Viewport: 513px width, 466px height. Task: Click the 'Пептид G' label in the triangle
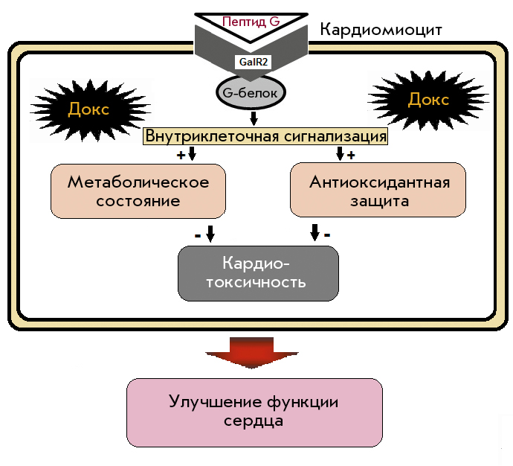coord(251,22)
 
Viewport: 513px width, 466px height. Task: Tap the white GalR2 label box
coord(254,62)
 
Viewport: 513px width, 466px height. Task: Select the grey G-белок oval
coord(251,92)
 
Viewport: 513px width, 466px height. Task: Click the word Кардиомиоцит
coord(381,30)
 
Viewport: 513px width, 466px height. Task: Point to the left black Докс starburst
coord(89,109)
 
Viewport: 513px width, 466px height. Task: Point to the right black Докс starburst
coord(428,99)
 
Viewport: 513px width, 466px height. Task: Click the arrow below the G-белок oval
coord(254,118)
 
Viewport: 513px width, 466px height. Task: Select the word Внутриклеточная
coord(212,136)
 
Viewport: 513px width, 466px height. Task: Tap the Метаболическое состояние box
coord(138,191)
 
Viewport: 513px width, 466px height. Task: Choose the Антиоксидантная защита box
coord(378,190)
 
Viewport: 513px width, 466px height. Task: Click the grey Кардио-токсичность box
coord(258,273)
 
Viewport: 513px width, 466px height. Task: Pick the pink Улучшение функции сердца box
coord(254,412)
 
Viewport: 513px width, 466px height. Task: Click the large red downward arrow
coord(252,352)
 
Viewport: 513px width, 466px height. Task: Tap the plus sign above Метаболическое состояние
coord(181,155)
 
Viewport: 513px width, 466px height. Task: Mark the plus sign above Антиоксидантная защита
coord(351,155)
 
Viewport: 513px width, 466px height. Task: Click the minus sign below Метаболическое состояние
coord(198,235)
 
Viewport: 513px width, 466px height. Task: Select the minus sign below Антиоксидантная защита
coord(327,234)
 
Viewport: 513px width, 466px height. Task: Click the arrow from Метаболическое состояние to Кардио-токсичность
coord(210,234)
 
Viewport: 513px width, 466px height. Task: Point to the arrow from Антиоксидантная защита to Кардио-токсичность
coord(314,232)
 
